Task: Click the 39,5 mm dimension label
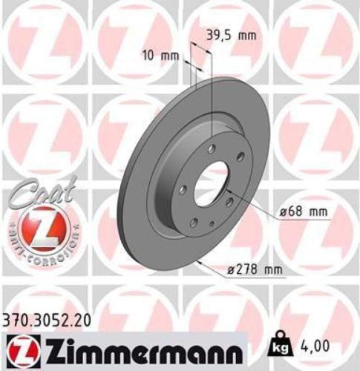click(x=228, y=34)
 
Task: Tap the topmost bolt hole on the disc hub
click(x=211, y=149)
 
